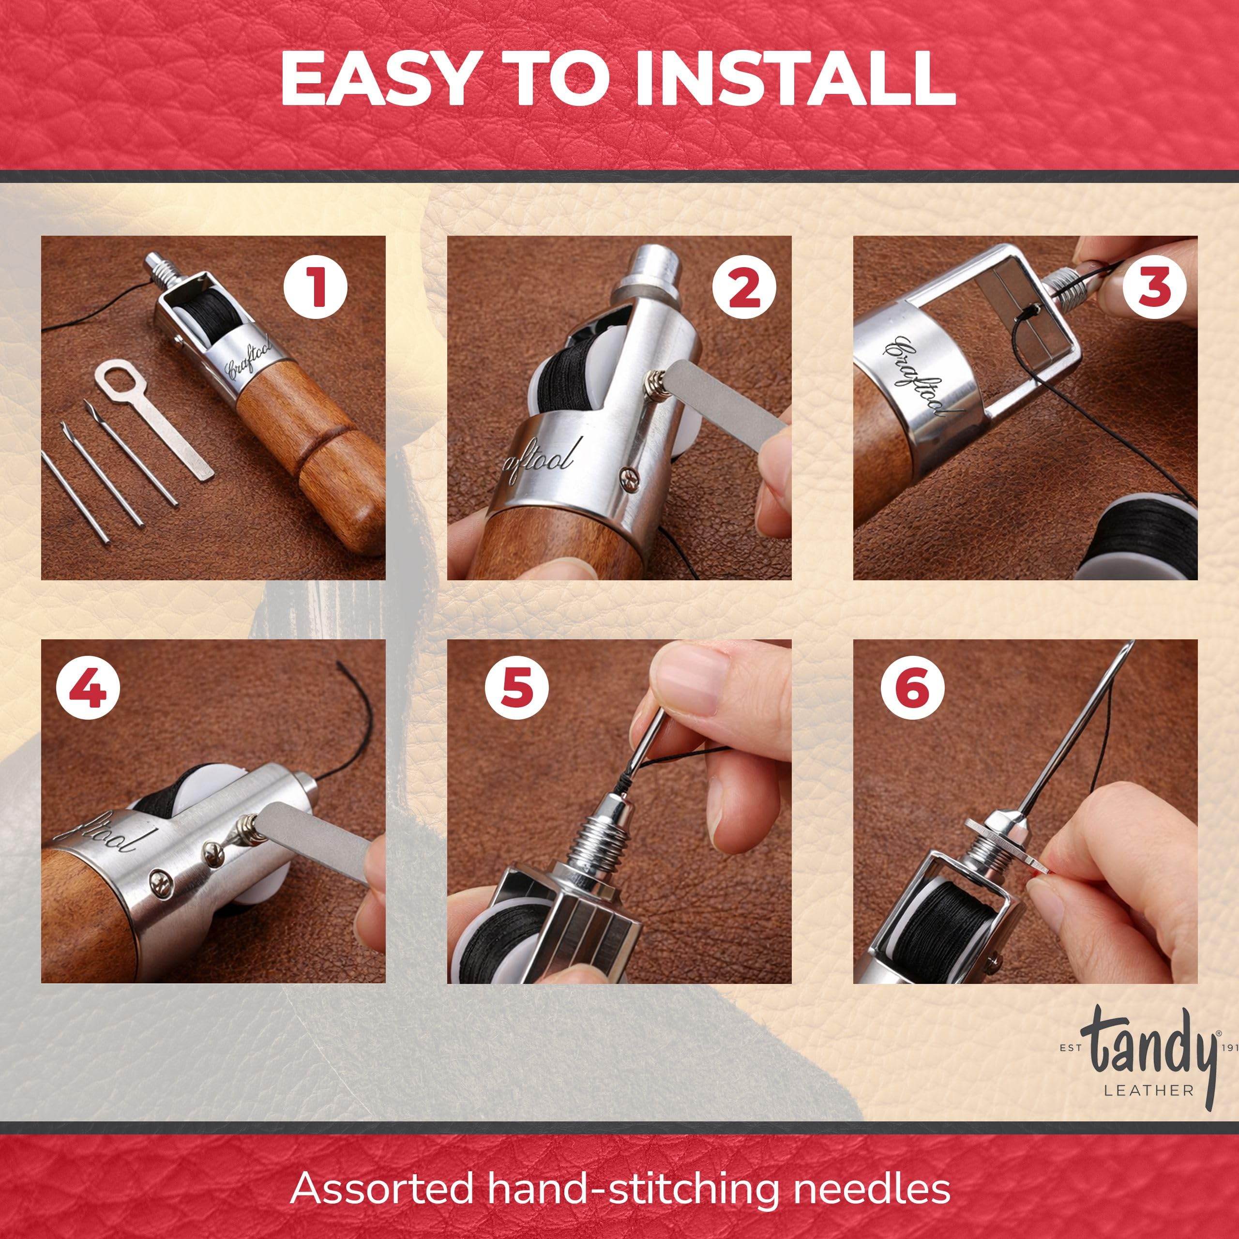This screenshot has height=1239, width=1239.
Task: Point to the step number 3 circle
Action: click(1152, 288)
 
